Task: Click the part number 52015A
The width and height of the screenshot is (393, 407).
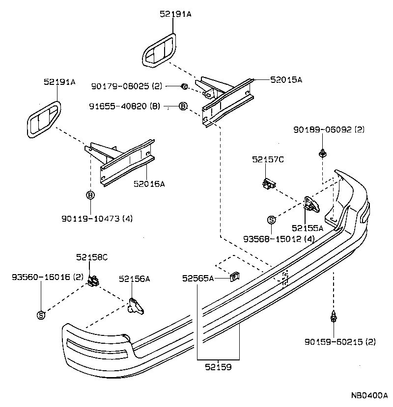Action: pyautogui.click(x=286, y=79)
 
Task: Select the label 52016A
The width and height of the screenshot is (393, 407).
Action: pyautogui.click(x=149, y=184)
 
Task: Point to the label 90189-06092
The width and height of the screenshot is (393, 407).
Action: pyautogui.click(x=329, y=130)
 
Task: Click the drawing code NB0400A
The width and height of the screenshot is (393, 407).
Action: pyautogui.click(x=369, y=395)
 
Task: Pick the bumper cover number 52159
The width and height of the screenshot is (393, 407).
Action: pyautogui.click(x=219, y=367)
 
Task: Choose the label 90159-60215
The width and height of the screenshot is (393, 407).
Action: pyautogui.click(x=334, y=341)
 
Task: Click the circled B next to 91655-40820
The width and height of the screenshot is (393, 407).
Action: pyautogui.click(x=183, y=106)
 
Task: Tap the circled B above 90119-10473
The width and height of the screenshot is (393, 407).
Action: pyautogui.click(x=90, y=195)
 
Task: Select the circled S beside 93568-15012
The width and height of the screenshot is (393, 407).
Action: pyautogui.click(x=271, y=220)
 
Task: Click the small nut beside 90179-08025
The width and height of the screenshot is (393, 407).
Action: pyautogui.click(x=184, y=87)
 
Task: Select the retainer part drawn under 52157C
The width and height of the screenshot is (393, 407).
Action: pyautogui.click(x=268, y=183)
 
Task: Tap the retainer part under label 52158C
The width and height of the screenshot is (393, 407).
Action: pyautogui.click(x=93, y=280)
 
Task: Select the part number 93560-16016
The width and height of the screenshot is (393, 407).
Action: pyautogui.click(x=41, y=277)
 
